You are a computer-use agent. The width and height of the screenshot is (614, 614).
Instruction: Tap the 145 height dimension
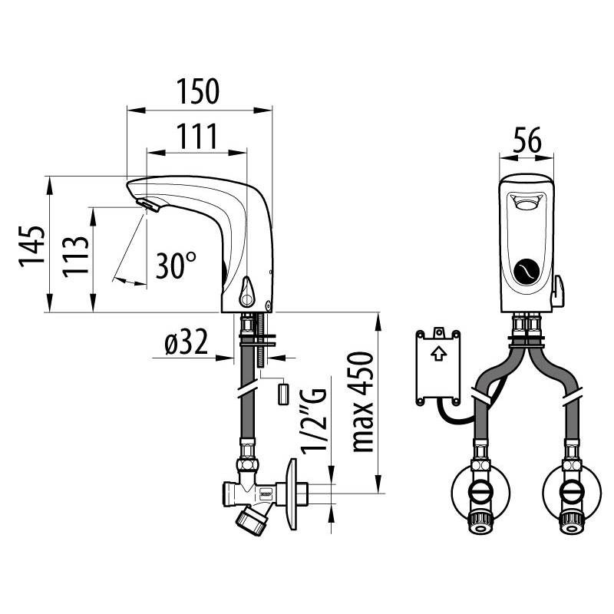[31, 246]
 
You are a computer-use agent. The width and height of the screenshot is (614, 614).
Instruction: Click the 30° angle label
[176, 266]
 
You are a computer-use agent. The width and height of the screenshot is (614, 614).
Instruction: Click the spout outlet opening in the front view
[526, 203]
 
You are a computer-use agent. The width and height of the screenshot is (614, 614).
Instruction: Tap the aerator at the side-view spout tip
[147, 203]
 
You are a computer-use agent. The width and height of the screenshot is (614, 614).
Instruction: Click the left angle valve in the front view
[481, 494]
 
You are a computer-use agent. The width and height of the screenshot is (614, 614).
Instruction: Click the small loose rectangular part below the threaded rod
[281, 394]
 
